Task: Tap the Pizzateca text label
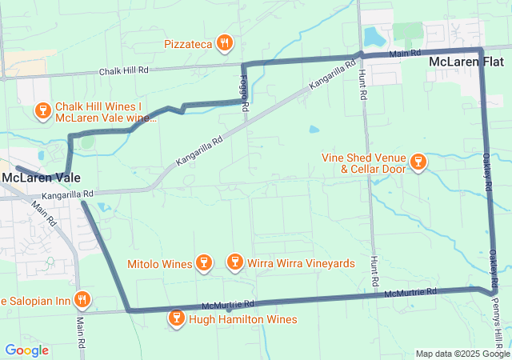[x=189, y=43]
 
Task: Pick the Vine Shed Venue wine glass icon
[x=417, y=163]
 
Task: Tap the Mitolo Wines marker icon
[x=204, y=263]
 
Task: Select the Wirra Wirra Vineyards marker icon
[x=234, y=262]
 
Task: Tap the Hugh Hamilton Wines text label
[x=242, y=320]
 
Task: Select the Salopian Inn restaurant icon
[x=82, y=301]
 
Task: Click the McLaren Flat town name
[x=466, y=62]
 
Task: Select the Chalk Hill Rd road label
[x=124, y=71]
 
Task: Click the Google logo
[x=26, y=350]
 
